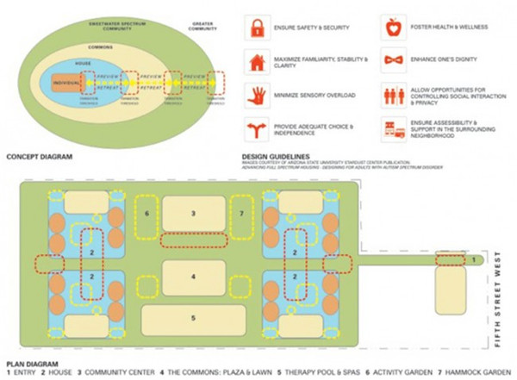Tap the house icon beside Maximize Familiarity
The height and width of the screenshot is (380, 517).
256,61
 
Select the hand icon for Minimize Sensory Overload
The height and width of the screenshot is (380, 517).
256,95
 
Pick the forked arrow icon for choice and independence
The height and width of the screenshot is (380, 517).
256,128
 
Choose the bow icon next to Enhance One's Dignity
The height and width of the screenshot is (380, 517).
393,61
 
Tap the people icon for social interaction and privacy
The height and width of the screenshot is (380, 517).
393,95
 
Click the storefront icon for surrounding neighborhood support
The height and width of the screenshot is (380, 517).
393,128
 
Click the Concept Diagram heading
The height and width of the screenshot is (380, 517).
39,159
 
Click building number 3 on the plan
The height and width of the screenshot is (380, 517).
194,212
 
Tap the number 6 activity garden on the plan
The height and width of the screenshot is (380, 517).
147,212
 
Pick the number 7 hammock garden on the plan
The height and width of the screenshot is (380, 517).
241,212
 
